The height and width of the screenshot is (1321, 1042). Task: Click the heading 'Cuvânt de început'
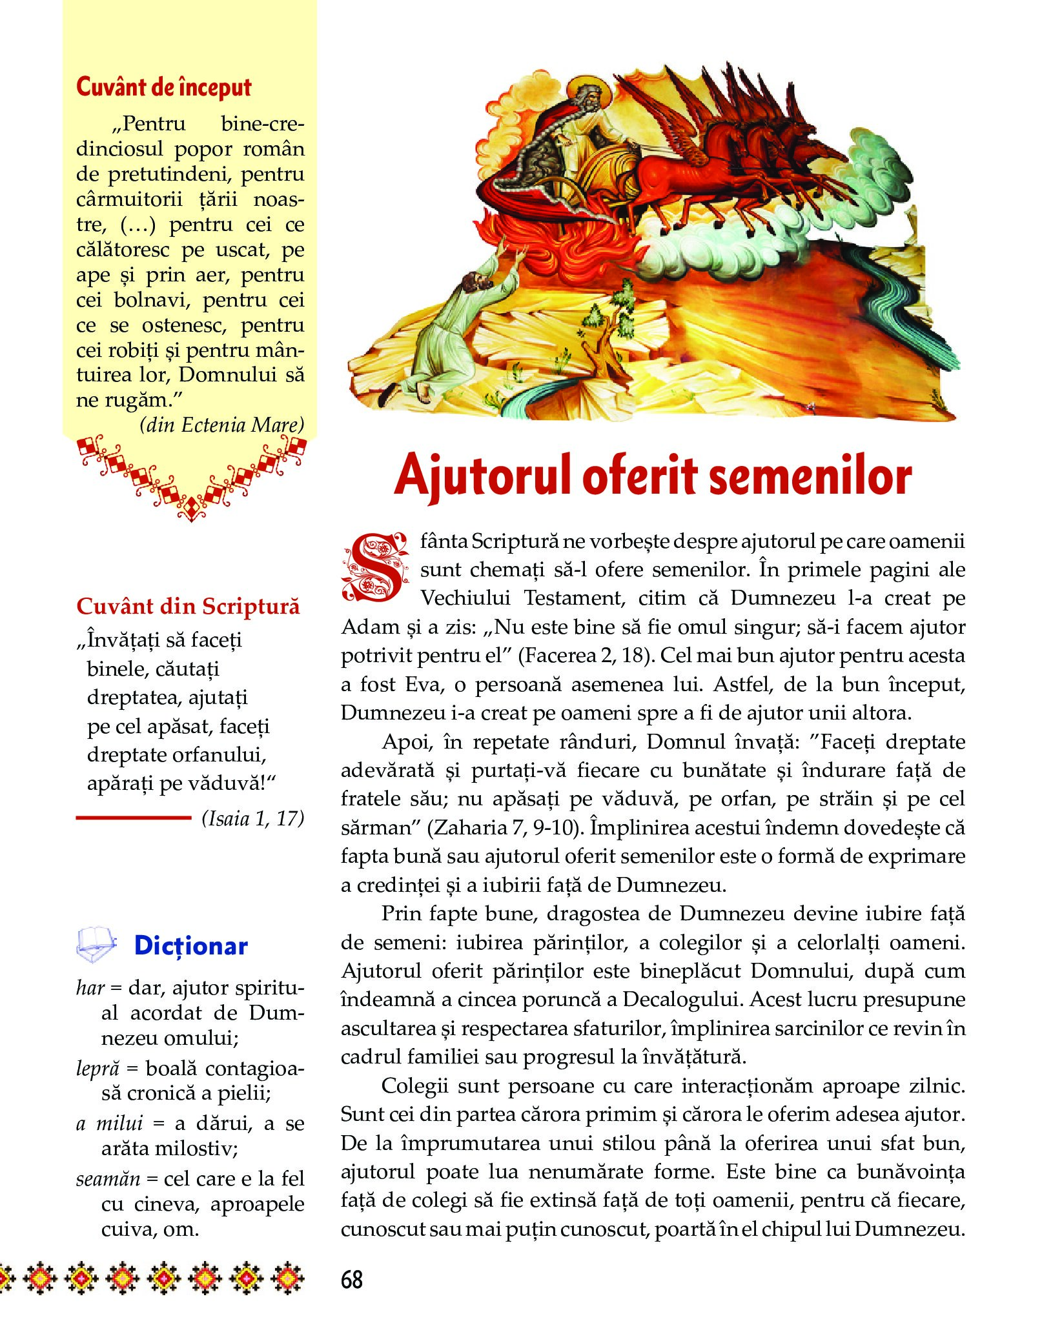tap(164, 87)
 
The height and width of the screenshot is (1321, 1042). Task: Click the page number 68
tap(352, 1279)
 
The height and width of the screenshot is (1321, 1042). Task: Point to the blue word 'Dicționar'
tap(190, 946)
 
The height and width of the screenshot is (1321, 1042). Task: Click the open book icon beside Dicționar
tap(96, 945)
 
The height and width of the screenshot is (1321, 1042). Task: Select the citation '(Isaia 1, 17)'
tap(252, 818)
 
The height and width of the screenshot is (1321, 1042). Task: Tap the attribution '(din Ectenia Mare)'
tap(221, 425)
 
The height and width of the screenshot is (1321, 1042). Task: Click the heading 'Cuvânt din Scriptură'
tap(188, 607)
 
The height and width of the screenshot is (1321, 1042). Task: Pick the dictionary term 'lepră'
tap(97, 1068)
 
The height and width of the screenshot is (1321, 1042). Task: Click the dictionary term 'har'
tap(90, 988)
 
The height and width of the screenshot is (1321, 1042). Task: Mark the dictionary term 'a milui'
tap(109, 1124)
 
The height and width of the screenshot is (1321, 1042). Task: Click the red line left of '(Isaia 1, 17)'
tap(134, 818)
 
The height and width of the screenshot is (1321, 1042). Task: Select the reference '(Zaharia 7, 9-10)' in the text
tap(504, 827)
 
